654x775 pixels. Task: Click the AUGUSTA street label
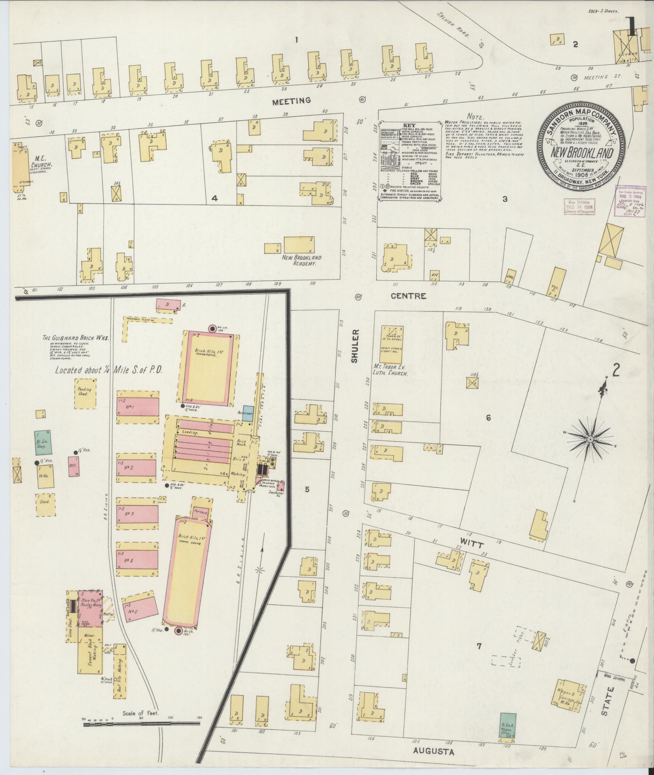click(x=433, y=752)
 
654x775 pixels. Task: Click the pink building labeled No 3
click(x=137, y=514)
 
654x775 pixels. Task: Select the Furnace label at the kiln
click(x=202, y=512)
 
